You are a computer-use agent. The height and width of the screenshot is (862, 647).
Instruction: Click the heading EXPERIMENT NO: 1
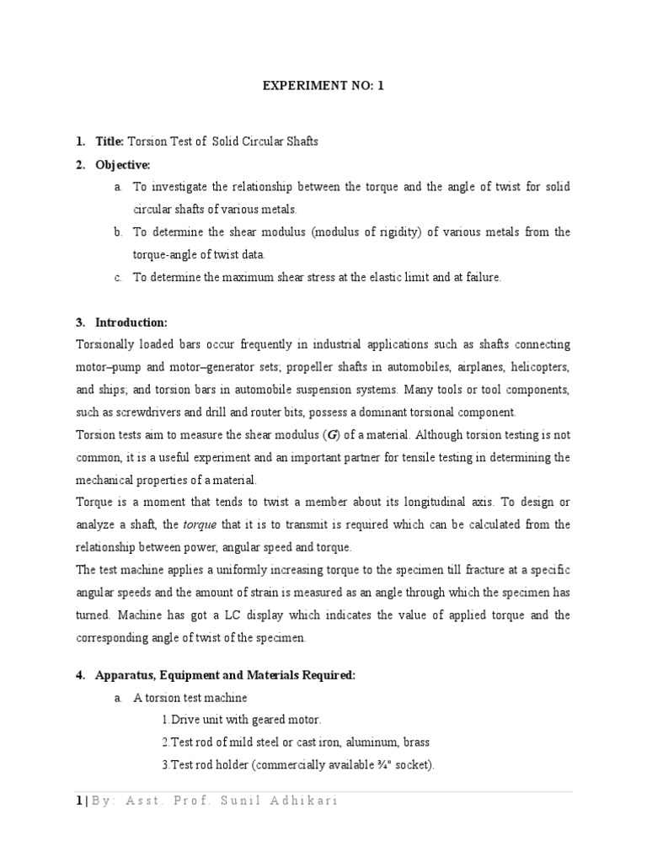point(323,86)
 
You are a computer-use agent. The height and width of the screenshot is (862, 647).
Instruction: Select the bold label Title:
point(110,141)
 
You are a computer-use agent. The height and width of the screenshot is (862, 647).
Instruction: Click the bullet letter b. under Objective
point(119,231)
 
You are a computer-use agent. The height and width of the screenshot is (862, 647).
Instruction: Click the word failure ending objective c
point(480,277)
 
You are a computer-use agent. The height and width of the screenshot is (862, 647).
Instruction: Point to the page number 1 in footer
point(78,801)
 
